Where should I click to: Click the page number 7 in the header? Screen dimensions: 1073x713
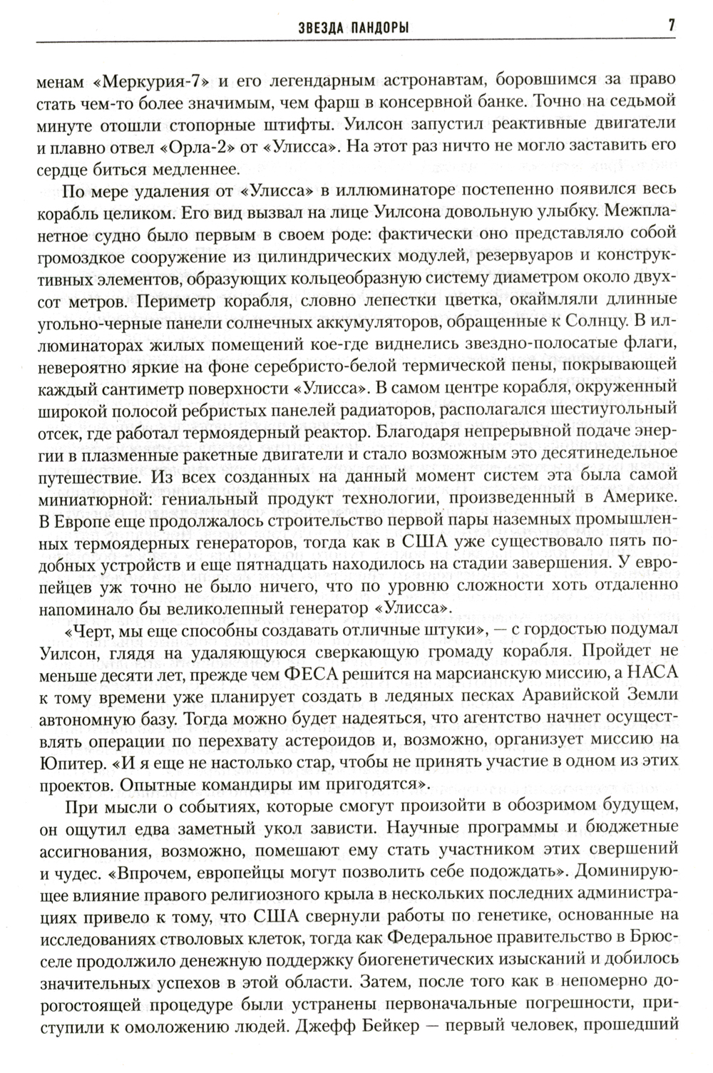671,26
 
